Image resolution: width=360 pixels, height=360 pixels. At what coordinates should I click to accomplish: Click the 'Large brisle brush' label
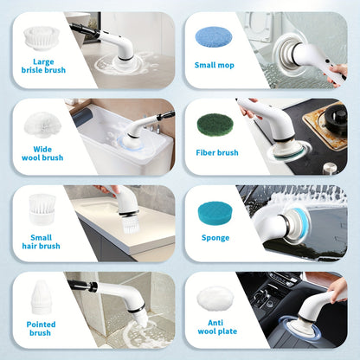click(x=42, y=67)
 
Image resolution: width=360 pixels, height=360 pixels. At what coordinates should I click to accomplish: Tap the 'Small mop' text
click(x=212, y=64)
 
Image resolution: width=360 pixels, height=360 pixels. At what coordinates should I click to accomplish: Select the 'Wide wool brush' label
click(x=42, y=153)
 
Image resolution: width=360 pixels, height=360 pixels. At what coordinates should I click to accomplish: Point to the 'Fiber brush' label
click(x=216, y=152)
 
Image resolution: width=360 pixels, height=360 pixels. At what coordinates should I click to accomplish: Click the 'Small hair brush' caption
click(x=42, y=241)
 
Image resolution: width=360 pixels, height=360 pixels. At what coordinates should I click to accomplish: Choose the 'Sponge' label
click(x=215, y=237)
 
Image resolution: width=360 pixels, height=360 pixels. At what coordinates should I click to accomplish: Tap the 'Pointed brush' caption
click(x=40, y=327)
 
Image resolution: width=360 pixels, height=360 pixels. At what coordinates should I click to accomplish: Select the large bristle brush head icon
click(x=41, y=37)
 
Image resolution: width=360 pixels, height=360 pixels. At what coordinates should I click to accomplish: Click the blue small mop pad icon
click(x=212, y=36)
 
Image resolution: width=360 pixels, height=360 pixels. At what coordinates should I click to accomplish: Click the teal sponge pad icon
click(x=215, y=212)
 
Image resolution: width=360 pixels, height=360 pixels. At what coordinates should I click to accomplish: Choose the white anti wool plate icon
click(x=213, y=299)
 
